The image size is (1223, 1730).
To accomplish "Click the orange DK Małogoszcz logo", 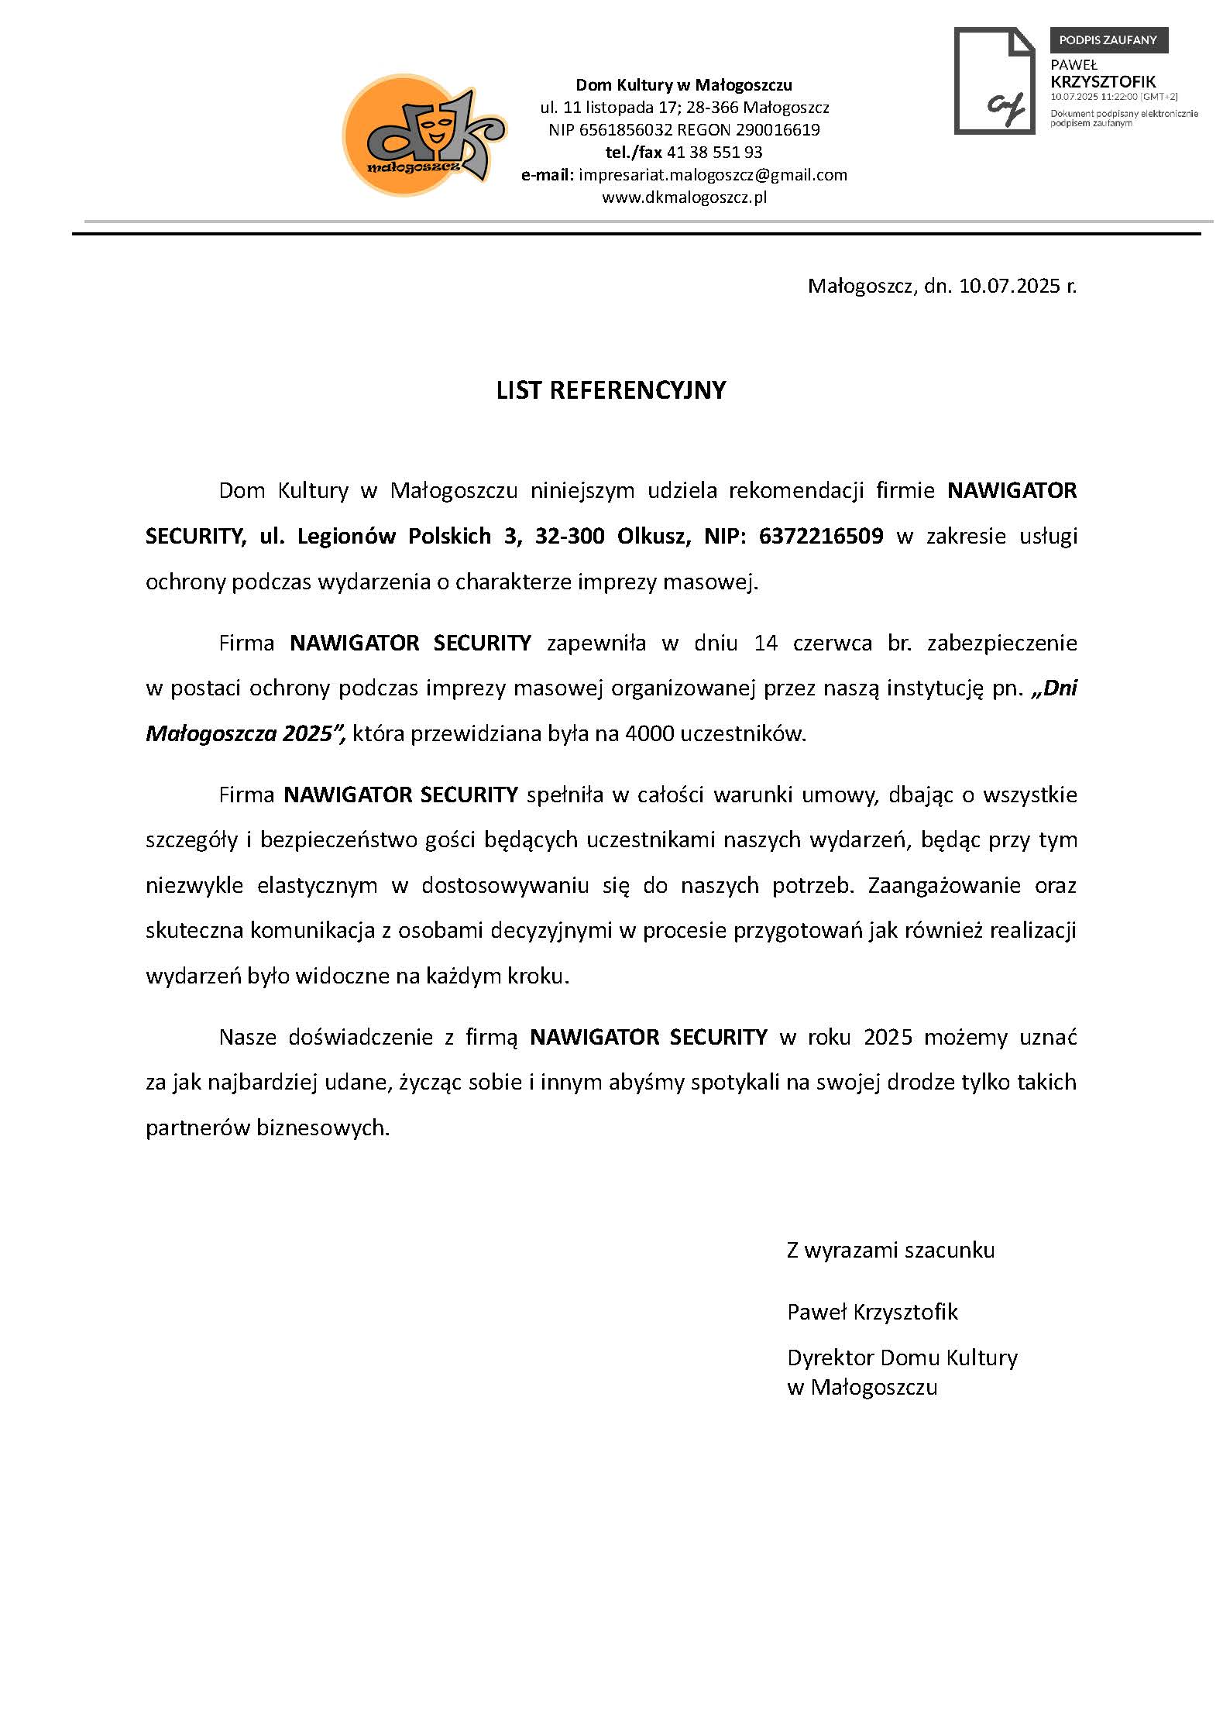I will pos(422,136).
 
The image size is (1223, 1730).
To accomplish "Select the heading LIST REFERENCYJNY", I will pos(610,390).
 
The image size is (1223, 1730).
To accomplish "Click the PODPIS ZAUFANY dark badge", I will pos(1108,39).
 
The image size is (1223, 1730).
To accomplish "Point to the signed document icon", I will pos(994,81).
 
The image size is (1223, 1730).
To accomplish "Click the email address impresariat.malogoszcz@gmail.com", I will pos(713,175).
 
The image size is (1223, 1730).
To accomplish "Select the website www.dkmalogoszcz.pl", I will pos(684,197).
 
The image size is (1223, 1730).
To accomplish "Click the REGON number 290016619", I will pos(777,130).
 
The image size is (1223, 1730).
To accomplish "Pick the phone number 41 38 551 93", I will pos(714,153).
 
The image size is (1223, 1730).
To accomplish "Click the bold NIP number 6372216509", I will pos(821,536).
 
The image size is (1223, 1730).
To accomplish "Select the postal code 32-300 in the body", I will pos(569,536).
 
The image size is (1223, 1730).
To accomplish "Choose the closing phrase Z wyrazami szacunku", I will pos(890,1250).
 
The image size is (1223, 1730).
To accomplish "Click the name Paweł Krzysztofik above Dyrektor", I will pos(872,1312).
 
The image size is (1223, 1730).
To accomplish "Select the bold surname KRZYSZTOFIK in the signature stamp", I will pos(1102,81).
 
